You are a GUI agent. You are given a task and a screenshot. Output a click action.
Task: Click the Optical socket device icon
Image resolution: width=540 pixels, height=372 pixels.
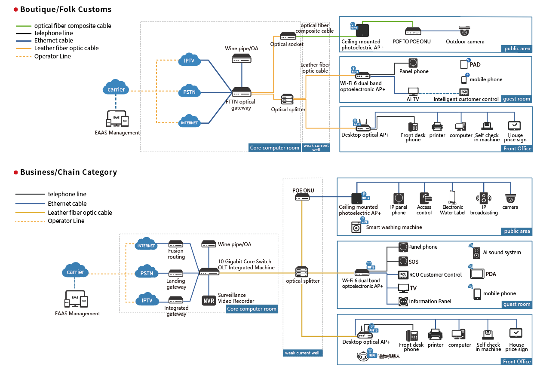point(287,36)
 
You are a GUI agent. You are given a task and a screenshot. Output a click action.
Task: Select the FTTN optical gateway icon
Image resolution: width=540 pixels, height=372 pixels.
point(241,92)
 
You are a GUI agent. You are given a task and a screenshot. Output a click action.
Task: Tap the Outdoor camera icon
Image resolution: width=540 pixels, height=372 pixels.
point(464,31)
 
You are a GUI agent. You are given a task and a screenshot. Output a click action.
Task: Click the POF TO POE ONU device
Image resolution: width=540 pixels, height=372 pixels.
point(413,31)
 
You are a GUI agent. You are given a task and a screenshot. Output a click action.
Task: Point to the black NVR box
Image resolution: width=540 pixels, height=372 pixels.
point(209,300)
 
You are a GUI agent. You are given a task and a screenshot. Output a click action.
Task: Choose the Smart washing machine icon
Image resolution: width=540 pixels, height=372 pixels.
point(356,227)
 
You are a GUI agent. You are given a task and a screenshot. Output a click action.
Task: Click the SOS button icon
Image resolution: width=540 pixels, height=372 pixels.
point(403,261)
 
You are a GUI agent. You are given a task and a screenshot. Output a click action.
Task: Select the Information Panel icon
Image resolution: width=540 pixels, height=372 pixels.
point(403,302)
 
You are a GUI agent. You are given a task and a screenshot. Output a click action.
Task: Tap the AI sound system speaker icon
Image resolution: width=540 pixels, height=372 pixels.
point(476,253)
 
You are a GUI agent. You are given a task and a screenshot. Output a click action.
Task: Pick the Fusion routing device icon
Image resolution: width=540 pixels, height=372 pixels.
point(176,244)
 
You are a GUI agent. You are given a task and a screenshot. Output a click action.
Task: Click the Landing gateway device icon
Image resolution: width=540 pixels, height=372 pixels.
point(176,273)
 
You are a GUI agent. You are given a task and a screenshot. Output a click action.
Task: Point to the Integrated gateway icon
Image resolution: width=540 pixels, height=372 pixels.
point(176,300)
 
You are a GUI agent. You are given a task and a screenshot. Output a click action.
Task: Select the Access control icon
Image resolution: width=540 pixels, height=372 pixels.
point(424,198)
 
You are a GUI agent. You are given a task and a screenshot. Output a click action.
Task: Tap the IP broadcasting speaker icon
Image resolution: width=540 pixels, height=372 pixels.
point(484,198)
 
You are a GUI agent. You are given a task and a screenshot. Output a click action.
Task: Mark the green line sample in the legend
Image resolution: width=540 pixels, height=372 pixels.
point(24,26)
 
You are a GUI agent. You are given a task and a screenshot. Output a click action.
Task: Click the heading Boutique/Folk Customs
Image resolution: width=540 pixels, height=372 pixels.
point(66,9)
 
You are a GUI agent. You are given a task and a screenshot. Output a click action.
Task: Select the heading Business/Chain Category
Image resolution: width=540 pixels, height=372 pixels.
point(68,172)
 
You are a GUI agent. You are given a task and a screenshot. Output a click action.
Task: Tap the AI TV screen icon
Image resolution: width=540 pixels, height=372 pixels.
point(413,91)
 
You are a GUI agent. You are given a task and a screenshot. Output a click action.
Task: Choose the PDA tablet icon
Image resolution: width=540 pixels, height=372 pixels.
point(477,274)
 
